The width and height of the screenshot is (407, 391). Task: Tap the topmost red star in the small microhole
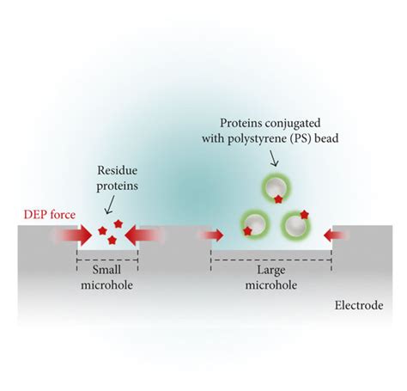pyautogui.click(x=118, y=223)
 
